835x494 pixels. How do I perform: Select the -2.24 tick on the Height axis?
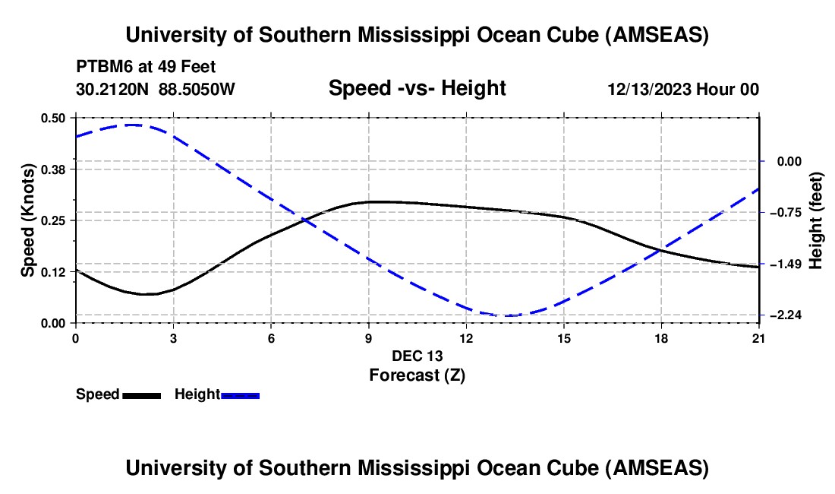(786, 315)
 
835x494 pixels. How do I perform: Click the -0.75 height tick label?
(786, 213)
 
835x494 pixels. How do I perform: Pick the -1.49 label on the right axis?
(786, 264)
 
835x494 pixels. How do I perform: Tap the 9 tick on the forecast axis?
(369, 338)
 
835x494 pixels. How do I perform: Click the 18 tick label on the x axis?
(662, 338)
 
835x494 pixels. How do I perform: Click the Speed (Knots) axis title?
(28, 220)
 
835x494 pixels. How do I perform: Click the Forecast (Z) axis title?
(417, 375)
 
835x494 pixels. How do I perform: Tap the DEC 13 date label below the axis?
(417, 356)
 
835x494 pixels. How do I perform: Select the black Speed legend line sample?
(141, 394)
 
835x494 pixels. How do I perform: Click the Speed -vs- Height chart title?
(417, 89)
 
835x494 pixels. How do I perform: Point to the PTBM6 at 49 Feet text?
(151, 67)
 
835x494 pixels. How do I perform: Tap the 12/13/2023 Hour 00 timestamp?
(683, 90)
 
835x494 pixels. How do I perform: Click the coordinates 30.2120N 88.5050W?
(156, 90)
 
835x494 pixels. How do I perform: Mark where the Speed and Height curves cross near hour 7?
(305, 220)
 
